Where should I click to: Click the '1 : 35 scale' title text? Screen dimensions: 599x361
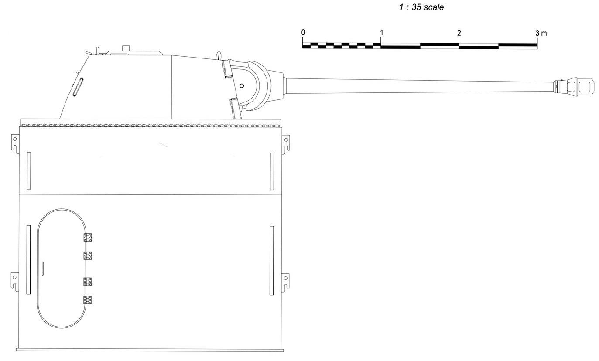point(421,7)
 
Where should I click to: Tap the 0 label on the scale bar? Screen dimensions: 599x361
point(303,32)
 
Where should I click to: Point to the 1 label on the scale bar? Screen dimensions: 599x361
point(382,33)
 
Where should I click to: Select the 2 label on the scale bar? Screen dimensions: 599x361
point(459,33)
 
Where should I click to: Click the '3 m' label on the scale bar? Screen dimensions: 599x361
point(541,33)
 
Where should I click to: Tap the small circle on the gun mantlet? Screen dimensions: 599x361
point(242,86)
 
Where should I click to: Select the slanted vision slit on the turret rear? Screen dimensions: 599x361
point(78,87)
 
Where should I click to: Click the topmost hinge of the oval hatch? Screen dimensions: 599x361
point(88,237)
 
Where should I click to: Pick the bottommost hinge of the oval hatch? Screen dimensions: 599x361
point(87,300)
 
